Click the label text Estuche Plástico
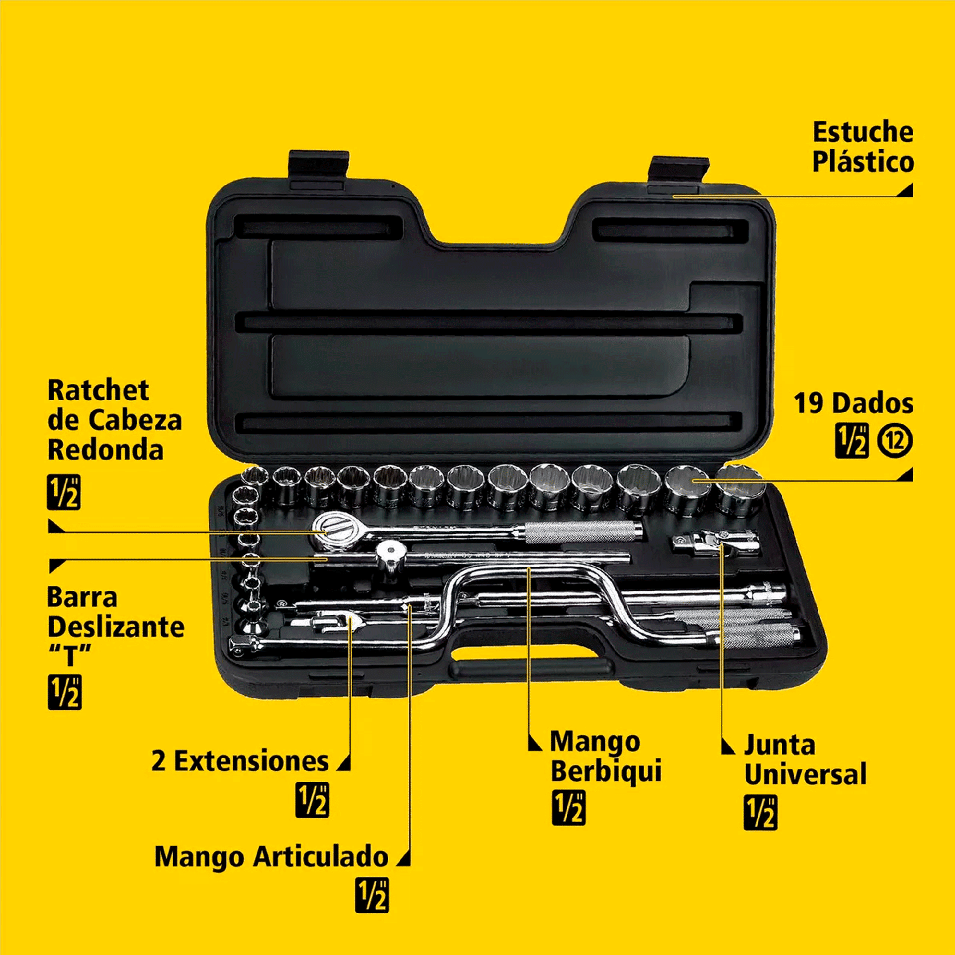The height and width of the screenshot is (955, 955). [863, 147]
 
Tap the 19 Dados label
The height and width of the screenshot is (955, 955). [854, 403]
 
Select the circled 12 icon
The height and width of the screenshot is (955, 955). [895, 441]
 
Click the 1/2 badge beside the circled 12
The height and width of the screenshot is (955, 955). [852, 441]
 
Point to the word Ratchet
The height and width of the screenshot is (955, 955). [98, 390]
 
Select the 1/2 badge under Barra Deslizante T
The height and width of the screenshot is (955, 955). [65, 692]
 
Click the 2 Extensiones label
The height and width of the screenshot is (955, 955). [240, 761]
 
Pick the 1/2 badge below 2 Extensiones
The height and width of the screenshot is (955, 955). [312, 800]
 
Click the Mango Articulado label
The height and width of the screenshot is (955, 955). [272, 857]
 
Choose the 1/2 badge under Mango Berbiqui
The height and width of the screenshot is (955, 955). [569, 808]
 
